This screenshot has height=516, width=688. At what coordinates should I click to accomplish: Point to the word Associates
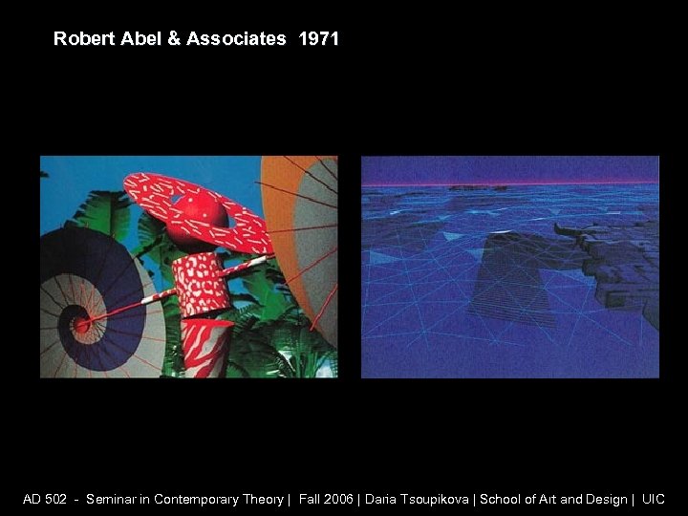pyautogui.click(x=235, y=39)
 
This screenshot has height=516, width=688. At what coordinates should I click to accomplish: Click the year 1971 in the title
pyautogui.click(x=318, y=39)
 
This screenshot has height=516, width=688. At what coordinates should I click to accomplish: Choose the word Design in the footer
pyautogui.click(x=602, y=499)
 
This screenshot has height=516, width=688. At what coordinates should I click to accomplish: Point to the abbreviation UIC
pyautogui.click(x=654, y=499)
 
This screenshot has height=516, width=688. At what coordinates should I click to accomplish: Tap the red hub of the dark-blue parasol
pyautogui.click(x=82, y=324)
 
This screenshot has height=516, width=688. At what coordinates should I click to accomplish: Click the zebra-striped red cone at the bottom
pyautogui.click(x=205, y=349)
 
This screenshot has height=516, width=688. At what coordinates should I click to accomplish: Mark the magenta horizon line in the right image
pyautogui.click(x=509, y=183)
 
